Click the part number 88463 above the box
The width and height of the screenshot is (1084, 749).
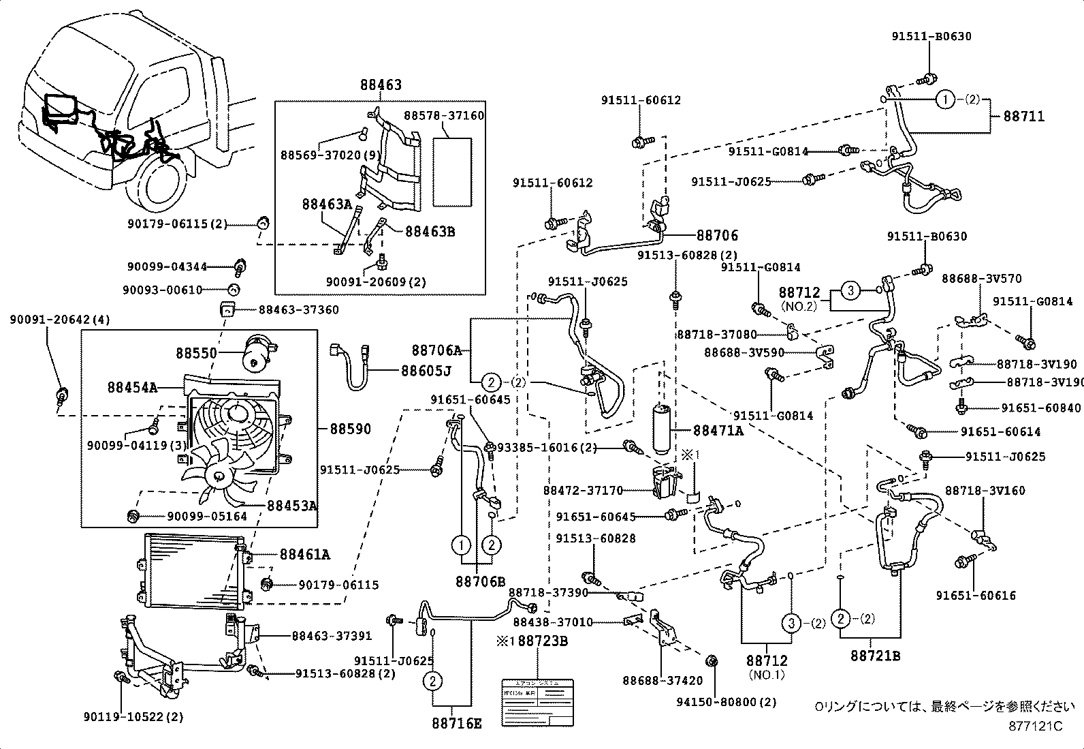click(x=381, y=85)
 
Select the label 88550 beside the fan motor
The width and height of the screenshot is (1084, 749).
click(x=196, y=353)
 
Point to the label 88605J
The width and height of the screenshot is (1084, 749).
click(x=426, y=371)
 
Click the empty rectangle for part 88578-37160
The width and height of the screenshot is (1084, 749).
click(x=452, y=172)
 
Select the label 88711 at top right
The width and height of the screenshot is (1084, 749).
click(x=1023, y=117)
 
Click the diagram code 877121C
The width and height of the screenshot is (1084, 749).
click(x=1035, y=726)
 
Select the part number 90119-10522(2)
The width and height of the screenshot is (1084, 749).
click(x=133, y=716)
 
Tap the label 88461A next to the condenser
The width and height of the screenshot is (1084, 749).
click(x=304, y=555)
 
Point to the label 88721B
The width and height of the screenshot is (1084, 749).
click(x=875, y=656)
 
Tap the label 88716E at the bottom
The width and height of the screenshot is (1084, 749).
click(x=456, y=723)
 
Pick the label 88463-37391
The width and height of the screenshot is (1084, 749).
click(x=332, y=636)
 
